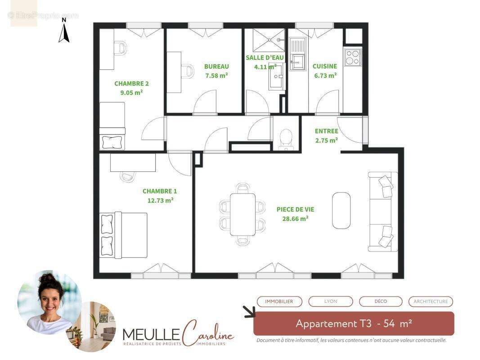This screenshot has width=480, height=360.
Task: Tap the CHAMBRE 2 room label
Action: click(131, 83)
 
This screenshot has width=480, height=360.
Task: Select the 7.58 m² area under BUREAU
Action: click(216, 75)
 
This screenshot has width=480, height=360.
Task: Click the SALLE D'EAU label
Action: click(265, 58)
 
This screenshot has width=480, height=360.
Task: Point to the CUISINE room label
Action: click(325, 66)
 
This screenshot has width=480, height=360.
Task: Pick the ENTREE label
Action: click(327, 131)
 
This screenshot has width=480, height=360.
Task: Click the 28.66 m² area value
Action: click(295, 218)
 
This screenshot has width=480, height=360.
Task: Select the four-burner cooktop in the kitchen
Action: click(353, 57)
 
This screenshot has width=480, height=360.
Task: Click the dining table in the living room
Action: click(242, 214)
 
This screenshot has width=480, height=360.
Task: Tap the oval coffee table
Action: click(341, 210)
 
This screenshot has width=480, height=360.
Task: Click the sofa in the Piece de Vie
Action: click(382, 211)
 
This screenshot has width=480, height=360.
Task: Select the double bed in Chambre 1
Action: click(124, 234)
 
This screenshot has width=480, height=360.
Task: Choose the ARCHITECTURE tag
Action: click(431, 301)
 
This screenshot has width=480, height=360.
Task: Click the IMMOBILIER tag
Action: click(279, 301)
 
